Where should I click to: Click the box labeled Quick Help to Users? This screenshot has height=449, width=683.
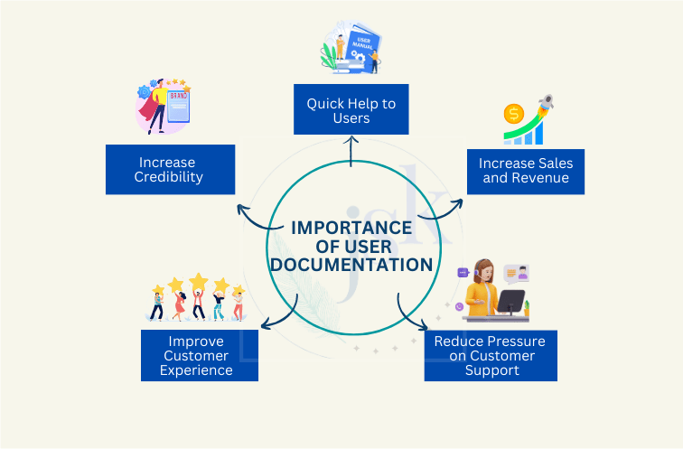[x=351, y=110]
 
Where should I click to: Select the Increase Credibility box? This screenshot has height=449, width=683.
[x=170, y=169]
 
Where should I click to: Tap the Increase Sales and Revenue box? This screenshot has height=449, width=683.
[x=526, y=170]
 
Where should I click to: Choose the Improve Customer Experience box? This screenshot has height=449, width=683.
[x=200, y=355]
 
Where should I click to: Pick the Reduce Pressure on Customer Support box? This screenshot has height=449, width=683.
[x=491, y=355]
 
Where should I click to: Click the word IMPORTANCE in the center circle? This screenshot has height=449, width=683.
[x=351, y=227]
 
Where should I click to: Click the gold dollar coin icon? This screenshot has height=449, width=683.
[x=514, y=115]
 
